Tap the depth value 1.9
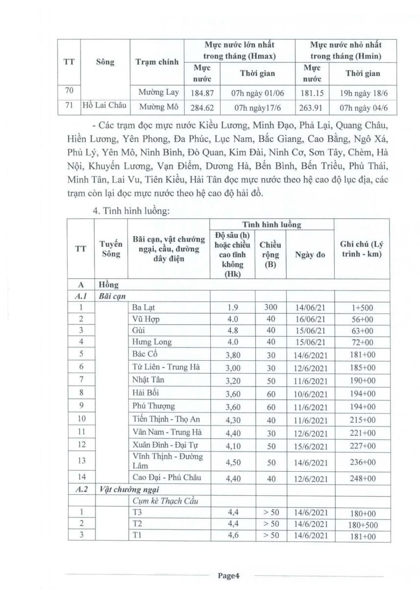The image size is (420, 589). coord(232,308)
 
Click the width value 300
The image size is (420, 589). coord(270,308)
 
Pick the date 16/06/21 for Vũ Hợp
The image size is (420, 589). coord(310,319)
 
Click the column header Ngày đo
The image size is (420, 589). coord(310,255)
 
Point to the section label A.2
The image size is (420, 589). coord(81,489)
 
